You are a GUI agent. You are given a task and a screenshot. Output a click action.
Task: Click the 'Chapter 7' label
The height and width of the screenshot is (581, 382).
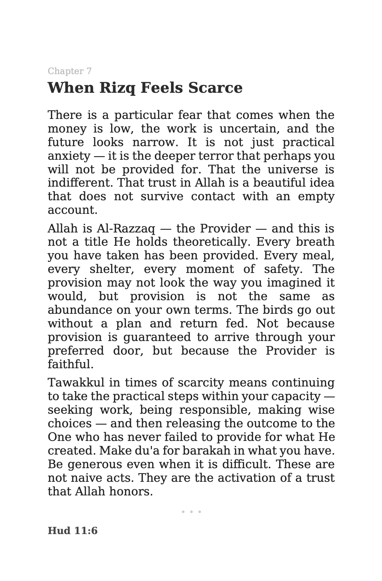point(70,71)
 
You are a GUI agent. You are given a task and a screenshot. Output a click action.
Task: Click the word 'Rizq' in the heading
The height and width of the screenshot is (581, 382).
point(117,88)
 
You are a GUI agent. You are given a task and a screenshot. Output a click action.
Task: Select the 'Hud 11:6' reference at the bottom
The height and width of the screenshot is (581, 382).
point(72,530)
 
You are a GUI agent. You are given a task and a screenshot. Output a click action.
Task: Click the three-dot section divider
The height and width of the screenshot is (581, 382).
point(191,512)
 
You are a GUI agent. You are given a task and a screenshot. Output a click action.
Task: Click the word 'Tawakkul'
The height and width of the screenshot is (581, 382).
point(76,383)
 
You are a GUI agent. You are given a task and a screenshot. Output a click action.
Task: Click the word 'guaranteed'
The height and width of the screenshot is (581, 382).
point(157,337)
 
